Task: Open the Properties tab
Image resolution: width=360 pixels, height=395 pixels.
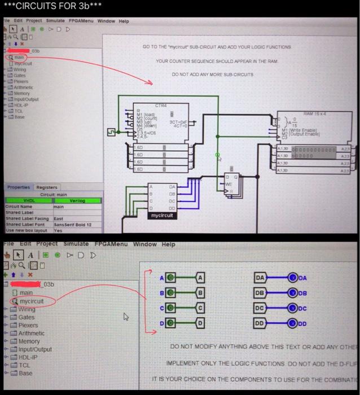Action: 19,187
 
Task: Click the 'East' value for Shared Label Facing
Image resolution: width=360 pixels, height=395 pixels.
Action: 59,218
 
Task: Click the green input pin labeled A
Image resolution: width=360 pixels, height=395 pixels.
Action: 171,278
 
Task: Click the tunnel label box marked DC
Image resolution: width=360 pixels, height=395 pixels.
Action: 260,308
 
